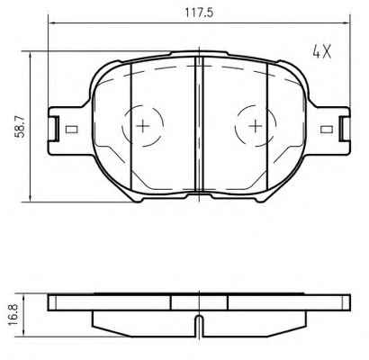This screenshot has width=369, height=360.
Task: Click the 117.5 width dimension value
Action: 199,13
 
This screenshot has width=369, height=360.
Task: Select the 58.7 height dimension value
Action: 21,127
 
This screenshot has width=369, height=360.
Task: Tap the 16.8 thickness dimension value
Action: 13,314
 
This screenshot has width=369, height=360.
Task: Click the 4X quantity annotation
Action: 322,52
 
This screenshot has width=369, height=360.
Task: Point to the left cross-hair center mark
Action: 143,125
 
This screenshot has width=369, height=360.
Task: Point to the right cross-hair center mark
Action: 256,125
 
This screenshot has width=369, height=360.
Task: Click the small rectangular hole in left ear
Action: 71,130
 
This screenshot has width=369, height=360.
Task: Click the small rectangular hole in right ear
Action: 327,130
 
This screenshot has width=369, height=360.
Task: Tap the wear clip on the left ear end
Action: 54,129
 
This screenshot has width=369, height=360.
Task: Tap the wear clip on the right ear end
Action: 345,129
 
